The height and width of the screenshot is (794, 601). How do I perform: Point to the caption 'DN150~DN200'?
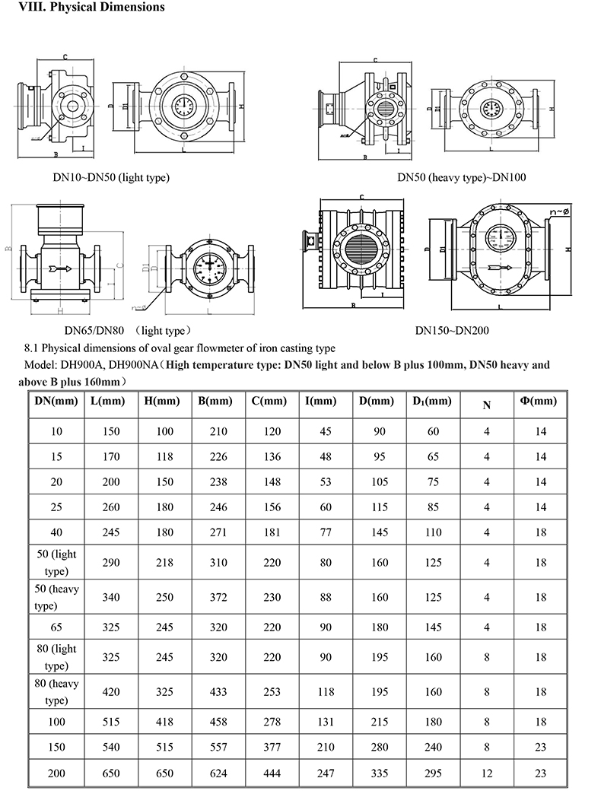pos(452,331)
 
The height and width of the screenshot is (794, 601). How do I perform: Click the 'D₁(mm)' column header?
pos(431,401)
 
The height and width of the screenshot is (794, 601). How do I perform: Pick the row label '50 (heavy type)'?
pos(57,597)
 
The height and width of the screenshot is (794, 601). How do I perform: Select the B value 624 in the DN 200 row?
pos(218,773)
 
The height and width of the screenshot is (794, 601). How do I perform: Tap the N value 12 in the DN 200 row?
pos(487,773)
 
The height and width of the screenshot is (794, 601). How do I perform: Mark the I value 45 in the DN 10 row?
pos(326,431)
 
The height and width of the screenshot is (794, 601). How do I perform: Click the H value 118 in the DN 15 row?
pos(164,457)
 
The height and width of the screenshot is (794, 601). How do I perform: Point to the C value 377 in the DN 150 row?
pos(270,747)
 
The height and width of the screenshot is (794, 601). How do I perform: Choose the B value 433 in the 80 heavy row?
pos(218,692)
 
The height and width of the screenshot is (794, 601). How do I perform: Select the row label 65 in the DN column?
pos(57,627)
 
